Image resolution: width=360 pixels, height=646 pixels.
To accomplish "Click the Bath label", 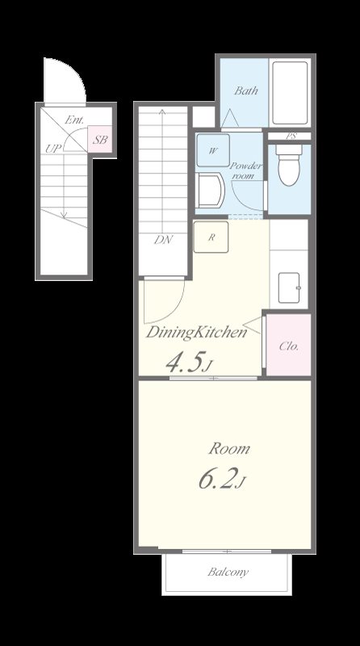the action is [246, 90].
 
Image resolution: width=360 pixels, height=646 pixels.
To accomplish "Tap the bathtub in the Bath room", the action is [290, 93].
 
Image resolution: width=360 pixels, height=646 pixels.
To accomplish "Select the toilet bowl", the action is [289, 165].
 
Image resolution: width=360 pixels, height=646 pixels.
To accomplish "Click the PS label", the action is [291, 136].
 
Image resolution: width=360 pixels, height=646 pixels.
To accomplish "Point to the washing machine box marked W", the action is [213, 150].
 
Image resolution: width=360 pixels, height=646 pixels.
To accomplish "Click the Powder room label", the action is [245, 170].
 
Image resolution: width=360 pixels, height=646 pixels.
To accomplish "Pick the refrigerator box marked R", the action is [211, 237].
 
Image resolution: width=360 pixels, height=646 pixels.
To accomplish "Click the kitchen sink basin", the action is [290, 287].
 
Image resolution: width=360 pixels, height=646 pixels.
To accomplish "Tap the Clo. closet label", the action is [289, 346].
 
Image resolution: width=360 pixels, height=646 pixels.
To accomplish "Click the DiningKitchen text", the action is [196, 332].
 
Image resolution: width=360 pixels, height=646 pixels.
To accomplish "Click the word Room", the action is [229, 448].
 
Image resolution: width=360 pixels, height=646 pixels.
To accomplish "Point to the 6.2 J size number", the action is [223, 479].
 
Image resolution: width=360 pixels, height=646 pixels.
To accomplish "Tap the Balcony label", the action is [228, 572].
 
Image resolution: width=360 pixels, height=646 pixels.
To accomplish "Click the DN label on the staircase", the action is [164, 240].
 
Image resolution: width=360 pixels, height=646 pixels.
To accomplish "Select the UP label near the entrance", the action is [53, 149].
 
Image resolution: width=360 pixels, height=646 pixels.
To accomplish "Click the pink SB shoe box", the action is [100, 140].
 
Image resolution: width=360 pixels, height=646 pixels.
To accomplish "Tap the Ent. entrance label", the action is [74, 120].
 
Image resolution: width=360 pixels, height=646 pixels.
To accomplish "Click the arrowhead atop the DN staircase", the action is [162, 111].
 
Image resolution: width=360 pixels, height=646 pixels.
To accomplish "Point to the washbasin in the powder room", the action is [210, 191].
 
